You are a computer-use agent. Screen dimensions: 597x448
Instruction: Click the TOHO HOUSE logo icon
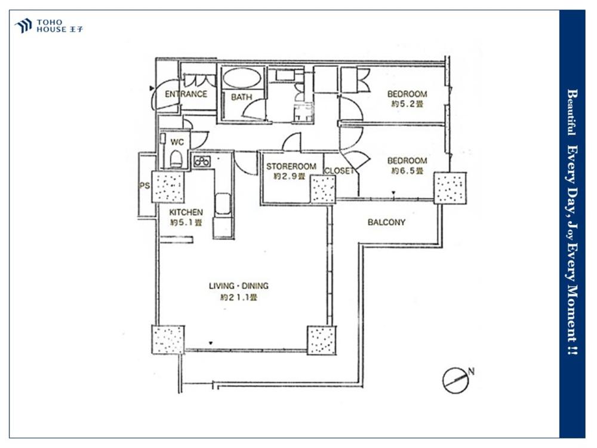[23, 26]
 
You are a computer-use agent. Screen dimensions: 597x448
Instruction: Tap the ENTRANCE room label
[186, 94]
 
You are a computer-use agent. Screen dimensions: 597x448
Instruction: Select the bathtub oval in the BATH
[241, 78]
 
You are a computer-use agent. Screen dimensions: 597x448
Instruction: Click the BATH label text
[241, 97]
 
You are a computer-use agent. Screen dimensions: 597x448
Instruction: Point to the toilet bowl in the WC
[176, 159]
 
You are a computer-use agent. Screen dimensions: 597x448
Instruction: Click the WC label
[177, 142]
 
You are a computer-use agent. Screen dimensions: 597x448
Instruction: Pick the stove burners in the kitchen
[201, 161]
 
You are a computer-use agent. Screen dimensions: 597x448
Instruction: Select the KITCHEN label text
[186, 212]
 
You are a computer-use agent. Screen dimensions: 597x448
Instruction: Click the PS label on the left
[144, 186]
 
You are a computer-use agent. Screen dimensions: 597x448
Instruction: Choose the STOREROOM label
[291, 167]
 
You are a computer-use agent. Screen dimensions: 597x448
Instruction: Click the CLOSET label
[339, 171]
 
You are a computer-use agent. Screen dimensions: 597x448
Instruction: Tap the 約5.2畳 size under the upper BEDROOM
[407, 103]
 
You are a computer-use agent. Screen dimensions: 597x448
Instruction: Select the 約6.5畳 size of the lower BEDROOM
[407, 171]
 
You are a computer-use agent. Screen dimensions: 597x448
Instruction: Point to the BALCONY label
[386, 222]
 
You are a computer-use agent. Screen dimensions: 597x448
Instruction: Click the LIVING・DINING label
[239, 286]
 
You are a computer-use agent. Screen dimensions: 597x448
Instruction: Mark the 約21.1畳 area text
[239, 297]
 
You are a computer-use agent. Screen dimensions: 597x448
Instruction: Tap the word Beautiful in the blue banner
[573, 112]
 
